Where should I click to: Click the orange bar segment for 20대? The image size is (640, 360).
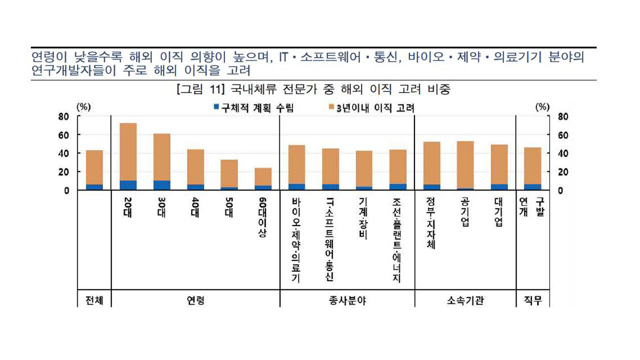128,151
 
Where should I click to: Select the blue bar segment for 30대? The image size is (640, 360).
162,185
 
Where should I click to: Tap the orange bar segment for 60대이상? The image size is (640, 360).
263,176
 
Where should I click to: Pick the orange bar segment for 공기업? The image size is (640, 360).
465,164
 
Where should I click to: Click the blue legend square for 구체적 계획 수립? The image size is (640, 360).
216,107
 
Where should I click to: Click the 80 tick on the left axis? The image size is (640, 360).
63,116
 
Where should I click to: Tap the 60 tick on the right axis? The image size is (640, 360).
563,135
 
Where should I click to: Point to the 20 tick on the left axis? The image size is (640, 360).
63,172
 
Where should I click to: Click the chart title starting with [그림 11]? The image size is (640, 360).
313,90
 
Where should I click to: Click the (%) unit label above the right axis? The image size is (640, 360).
542,107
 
